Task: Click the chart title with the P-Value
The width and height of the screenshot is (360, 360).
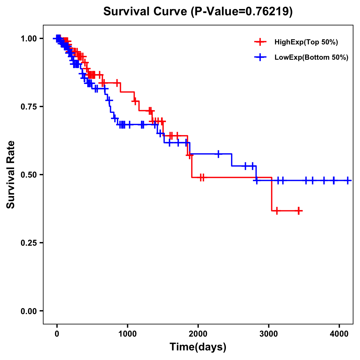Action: (198, 11)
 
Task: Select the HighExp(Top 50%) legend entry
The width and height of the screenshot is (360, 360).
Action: (306, 42)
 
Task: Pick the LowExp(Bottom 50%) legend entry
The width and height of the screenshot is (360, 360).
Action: (311, 58)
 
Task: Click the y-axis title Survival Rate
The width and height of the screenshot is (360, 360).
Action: (11, 174)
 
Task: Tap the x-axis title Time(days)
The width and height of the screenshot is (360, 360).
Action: (198, 347)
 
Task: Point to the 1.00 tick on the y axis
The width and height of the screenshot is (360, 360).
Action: (29, 39)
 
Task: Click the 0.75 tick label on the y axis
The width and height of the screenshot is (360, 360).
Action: (29, 107)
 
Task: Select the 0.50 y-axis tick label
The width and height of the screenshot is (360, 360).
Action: (29, 175)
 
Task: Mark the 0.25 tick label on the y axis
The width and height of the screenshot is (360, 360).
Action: (29, 243)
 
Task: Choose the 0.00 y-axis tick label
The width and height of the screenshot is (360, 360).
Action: (29, 311)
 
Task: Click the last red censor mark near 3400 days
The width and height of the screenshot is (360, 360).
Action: (298, 211)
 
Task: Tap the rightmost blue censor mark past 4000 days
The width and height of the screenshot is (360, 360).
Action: (347, 181)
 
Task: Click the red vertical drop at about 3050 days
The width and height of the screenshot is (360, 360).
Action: (271, 194)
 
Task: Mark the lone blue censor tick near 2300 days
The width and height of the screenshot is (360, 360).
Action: (218, 154)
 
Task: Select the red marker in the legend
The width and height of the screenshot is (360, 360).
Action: (260, 42)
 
